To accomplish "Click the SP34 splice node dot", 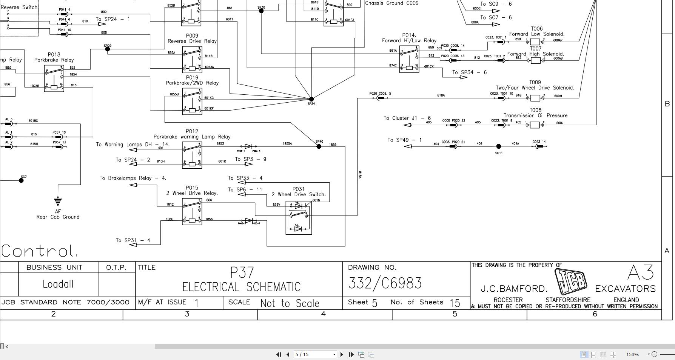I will pos(311,99).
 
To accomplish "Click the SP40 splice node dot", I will pos(319,146).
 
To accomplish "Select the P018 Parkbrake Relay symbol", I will pos(54,78).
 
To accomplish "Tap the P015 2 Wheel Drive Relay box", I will pos(192,212).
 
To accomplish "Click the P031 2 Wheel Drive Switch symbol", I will pos(299,218).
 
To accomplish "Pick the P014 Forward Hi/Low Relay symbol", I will pos(409,59).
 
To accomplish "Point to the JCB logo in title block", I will pos(571,282).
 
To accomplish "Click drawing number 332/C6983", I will pos(385,283).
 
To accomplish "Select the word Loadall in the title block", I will pos(58,284).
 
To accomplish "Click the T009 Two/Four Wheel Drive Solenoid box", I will pos(535,98).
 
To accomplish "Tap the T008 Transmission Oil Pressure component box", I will pos(535,125).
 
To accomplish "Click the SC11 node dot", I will pos(498,146).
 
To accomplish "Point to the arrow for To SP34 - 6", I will pos(463,77).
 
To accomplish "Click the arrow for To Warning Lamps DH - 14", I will pos(133,150).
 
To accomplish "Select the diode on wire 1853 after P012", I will pos(248,146).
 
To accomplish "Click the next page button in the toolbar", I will pos(342,354).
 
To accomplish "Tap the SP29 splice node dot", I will pos(108,49).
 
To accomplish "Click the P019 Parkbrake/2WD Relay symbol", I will pos(192,101).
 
